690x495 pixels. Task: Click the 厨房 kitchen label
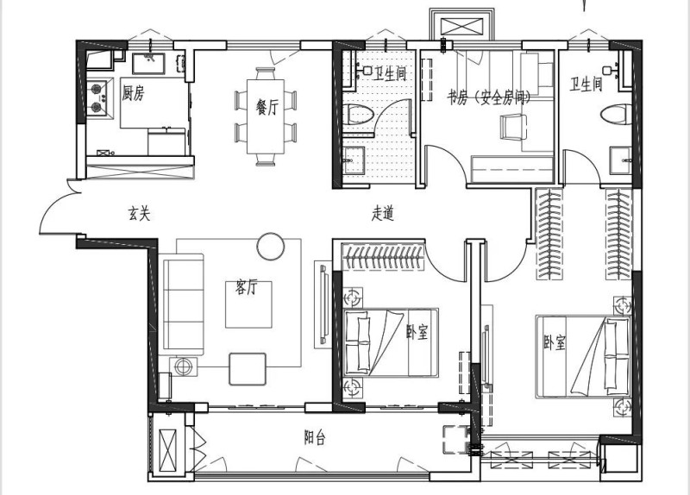(x=134, y=93)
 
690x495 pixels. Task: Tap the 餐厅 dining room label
(x=267, y=107)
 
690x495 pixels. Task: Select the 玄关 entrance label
(x=139, y=213)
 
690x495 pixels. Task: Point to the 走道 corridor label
(x=382, y=213)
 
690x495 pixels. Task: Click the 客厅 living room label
(x=247, y=287)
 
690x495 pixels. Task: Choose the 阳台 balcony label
(x=315, y=437)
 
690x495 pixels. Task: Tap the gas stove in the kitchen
(x=97, y=97)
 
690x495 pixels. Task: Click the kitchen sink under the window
(x=148, y=63)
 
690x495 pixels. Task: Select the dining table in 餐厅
(x=266, y=116)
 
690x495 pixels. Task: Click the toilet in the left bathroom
(x=358, y=115)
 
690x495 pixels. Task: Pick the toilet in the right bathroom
(x=616, y=115)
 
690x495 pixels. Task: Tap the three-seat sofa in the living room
(x=183, y=305)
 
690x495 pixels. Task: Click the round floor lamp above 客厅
(x=271, y=247)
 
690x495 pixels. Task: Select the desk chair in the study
(x=512, y=127)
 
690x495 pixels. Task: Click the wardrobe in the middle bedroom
(x=383, y=256)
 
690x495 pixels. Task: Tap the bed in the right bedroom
(x=583, y=357)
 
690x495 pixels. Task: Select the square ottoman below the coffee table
(x=248, y=369)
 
